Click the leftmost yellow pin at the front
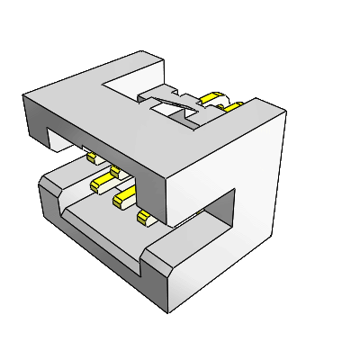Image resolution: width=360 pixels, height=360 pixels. tap(91, 157)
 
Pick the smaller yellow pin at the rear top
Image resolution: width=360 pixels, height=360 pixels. tap(232, 108)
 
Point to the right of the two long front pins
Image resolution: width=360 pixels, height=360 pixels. tap(123, 199)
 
